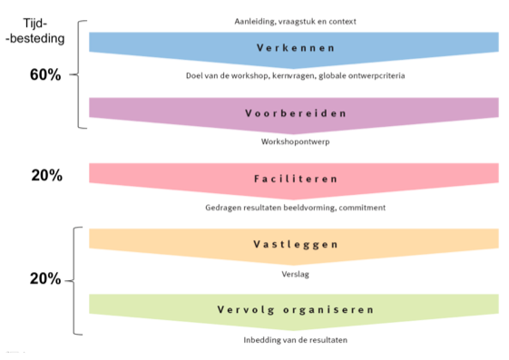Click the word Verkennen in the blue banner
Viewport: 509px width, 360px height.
(296, 48)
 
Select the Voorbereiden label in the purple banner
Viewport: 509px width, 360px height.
(296, 113)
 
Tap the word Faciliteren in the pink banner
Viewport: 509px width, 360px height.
(296, 179)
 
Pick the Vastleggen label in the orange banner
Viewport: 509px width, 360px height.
(296, 245)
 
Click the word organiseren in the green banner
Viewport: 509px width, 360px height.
(328, 310)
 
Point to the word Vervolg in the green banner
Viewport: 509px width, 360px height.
(246, 310)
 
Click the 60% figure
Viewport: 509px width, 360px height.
(45, 74)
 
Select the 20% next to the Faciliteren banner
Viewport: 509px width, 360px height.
(47, 175)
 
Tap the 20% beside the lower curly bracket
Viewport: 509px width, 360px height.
(45, 278)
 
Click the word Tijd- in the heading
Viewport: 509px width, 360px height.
(35, 24)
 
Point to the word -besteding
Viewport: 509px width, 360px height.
(35, 39)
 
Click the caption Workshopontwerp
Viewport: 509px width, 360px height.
(296, 142)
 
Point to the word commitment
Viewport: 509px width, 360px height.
(362, 208)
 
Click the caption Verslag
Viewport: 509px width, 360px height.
(296, 275)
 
